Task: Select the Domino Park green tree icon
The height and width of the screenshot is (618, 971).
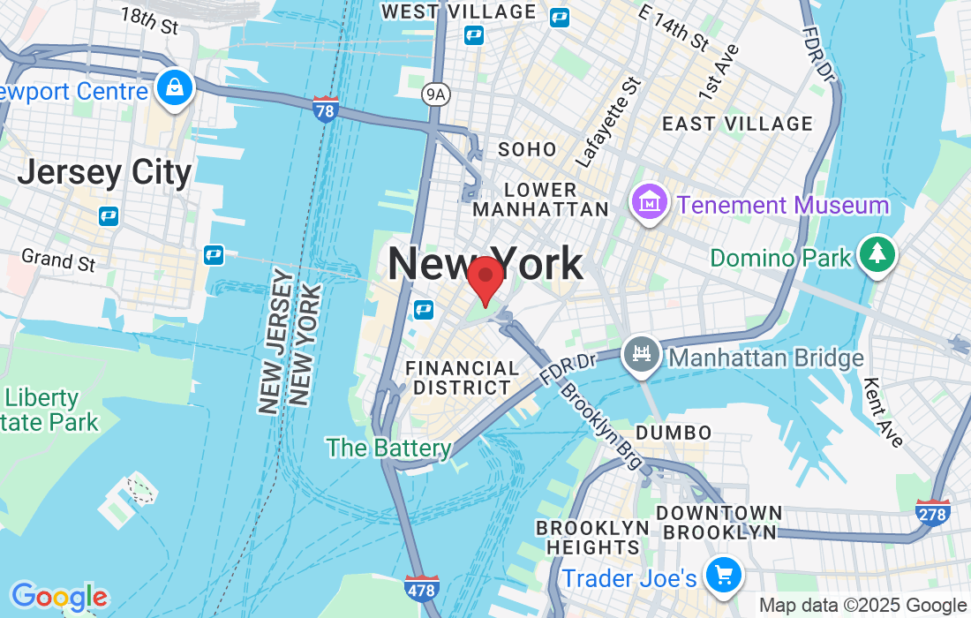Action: tap(877, 256)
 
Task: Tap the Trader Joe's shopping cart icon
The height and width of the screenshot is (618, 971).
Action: tap(724, 576)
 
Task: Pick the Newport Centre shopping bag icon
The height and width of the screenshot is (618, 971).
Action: tap(176, 88)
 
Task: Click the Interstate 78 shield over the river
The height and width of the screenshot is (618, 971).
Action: tap(326, 109)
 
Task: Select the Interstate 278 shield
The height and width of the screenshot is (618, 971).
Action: tap(934, 513)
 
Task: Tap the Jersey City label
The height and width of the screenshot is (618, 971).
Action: tap(104, 172)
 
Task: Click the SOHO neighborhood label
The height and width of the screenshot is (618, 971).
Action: tap(527, 149)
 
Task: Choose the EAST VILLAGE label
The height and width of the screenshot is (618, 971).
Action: tap(737, 124)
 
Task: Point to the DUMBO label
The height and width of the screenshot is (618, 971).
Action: tap(674, 433)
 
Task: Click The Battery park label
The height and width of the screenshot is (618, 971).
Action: tap(388, 448)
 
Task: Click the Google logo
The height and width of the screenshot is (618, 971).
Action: tap(58, 598)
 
